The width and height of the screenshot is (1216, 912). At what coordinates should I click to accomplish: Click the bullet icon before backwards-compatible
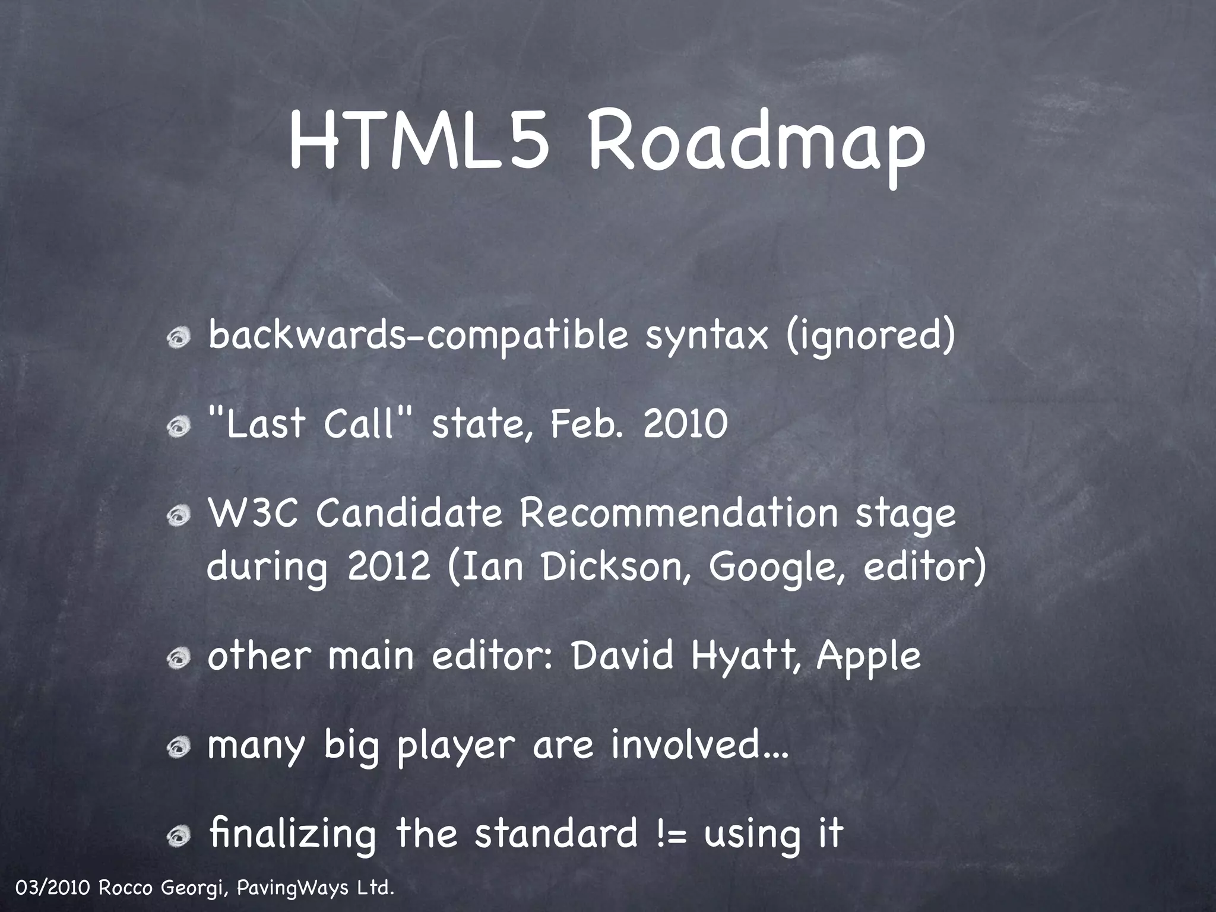pyautogui.click(x=178, y=339)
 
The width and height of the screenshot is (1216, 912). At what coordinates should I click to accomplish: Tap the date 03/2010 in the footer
pyautogui.click(x=52, y=889)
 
